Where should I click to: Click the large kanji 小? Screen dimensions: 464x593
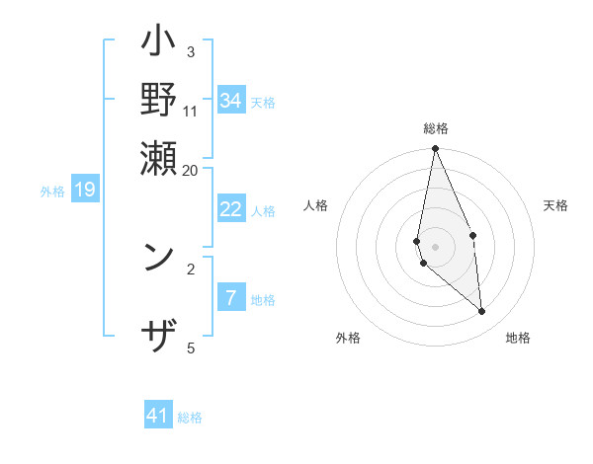(159, 44)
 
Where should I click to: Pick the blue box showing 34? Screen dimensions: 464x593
(230, 101)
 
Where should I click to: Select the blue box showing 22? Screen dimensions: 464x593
(230, 209)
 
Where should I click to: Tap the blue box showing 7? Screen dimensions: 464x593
(230, 298)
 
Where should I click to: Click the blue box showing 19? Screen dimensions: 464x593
(84, 190)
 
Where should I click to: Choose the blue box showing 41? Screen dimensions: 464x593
(158, 416)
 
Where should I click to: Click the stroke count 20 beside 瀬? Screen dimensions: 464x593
(190, 170)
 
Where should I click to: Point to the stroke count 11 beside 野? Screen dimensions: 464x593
(191, 111)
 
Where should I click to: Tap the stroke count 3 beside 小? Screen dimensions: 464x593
(191, 51)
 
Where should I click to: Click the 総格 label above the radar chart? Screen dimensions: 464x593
(436, 128)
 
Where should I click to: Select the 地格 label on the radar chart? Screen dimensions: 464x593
(518, 338)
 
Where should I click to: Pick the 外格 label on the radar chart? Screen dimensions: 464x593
(348, 338)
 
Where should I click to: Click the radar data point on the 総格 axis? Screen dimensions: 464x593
(435, 149)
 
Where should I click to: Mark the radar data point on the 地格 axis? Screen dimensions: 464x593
(481, 311)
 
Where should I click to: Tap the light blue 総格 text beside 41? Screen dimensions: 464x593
(190, 418)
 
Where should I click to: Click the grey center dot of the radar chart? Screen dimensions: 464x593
(435, 246)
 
